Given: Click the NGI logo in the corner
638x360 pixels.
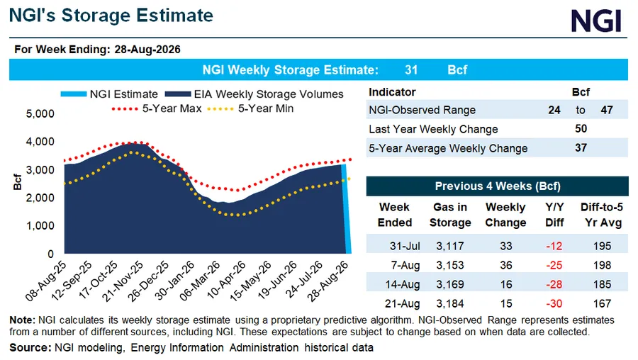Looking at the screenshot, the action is [595, 21].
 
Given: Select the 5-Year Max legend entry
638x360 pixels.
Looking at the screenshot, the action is [157, 108].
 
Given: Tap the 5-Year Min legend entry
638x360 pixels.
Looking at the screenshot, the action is [250, 108].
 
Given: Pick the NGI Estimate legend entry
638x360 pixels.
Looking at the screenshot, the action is [109, 94].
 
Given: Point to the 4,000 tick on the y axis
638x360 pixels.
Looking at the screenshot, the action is [40, 142].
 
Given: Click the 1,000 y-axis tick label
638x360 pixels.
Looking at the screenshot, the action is [40, 226].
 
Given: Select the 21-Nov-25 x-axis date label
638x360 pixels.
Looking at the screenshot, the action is [123, 281].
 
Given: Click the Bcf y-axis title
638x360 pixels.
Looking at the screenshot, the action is [17, 182].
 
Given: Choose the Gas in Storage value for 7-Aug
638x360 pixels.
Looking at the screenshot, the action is [450, 265].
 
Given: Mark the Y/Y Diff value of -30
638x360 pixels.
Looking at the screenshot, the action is [554, 303].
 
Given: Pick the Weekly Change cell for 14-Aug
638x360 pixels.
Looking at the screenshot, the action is [506, 284].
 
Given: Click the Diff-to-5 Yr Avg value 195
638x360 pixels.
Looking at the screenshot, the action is [602, 246].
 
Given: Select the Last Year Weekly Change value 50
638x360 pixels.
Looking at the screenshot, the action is [581, 129].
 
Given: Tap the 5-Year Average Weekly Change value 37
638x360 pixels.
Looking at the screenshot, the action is [581, 147].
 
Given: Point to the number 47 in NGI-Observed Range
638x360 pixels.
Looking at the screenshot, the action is [607, 110].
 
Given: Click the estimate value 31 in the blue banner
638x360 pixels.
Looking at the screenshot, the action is [411, 70].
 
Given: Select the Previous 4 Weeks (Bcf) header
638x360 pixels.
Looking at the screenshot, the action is [498, 186].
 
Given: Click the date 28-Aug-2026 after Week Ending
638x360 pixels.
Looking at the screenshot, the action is [147, 50].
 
